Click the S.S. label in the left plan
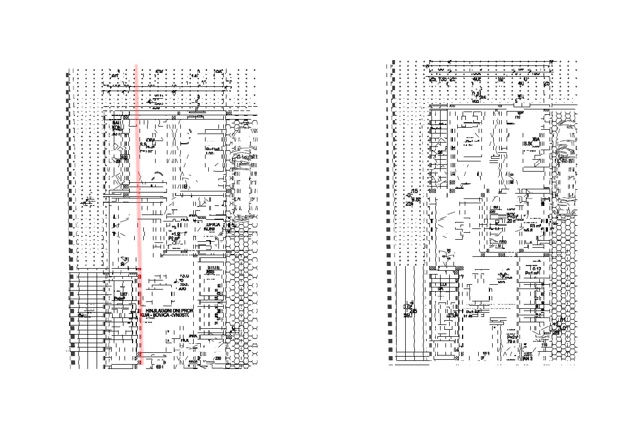[x=143, y=144]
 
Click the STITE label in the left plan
[x=213, y=267]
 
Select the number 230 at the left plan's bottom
[x=218, y=358]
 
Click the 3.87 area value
[x=123, y=294]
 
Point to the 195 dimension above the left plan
[x=217, y=71]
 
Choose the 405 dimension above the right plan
[x=476, y=79]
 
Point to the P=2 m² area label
[x=512, y=337]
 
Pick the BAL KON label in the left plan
[x=116, y=126]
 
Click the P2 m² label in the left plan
[x=174, y=239]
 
